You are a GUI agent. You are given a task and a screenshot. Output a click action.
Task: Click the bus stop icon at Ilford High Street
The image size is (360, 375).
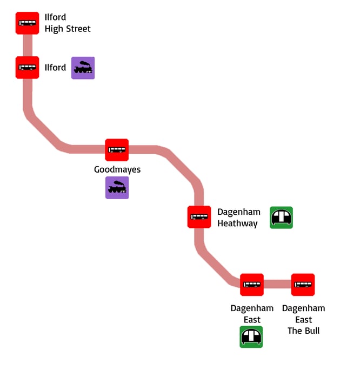[x=27, y=23]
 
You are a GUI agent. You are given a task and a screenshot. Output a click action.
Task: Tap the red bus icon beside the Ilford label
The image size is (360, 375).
[x=27, y=68]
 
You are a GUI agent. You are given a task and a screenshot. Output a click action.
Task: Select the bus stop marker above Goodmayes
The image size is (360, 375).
[x=117, y=150]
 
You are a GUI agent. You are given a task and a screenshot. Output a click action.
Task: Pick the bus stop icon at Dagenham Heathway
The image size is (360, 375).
[x=199, y=217]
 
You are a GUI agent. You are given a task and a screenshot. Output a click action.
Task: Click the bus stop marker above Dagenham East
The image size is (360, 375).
[x=252, y=285]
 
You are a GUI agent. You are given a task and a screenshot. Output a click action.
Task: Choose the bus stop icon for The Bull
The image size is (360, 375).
[x=303, y=285]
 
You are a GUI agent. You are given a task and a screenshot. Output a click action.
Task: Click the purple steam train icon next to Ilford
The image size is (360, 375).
[x=83, y=68]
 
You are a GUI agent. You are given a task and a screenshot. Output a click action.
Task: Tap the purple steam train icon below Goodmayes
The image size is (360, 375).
[x=117, y=188]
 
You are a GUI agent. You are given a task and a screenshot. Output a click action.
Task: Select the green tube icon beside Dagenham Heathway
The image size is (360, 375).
[x=281, y=218]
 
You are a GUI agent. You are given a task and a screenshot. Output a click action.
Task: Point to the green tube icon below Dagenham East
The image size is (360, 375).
[x=251, y=337]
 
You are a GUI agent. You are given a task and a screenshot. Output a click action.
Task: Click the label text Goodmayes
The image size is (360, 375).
[x=117, y=169]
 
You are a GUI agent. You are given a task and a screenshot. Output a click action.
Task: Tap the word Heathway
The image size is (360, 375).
[x=237, y=223]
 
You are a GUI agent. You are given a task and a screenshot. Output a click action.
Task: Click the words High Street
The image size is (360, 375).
[x=68, y=29]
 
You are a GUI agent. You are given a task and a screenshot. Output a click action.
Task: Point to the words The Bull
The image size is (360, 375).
[x=303, y=330]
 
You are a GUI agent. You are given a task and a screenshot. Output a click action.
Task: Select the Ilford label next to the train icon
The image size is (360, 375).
[x=55, y=68]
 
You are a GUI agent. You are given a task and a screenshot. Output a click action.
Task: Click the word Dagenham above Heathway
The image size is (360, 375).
[x=239, y=212]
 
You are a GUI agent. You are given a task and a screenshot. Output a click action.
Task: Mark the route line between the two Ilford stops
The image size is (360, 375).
[x=27, y=45]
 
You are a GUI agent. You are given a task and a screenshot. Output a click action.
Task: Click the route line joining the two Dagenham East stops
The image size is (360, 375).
[x=277, y=285]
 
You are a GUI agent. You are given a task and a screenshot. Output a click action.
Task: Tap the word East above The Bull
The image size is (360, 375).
[x=304, y=319]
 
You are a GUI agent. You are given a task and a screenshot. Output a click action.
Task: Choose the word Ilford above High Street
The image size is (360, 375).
[x=55, y=17]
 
